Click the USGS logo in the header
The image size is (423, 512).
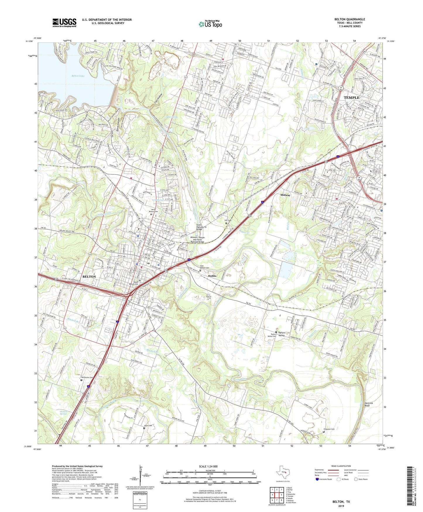64,23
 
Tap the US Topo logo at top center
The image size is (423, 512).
210,24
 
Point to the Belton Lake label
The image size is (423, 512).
78,76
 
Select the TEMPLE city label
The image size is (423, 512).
351,97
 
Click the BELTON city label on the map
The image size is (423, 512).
89,277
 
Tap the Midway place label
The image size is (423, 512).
285,195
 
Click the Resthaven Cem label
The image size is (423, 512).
87,377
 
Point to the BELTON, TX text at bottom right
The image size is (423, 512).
341,502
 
